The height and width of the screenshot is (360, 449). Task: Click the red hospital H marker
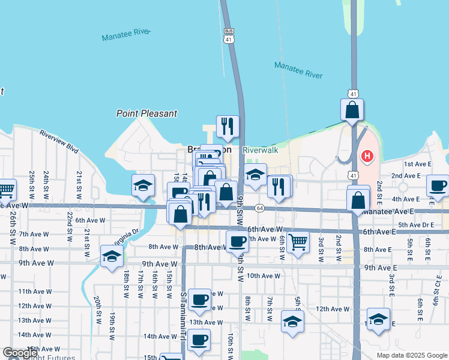[367, 157]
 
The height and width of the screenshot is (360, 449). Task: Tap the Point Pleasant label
[147, 113]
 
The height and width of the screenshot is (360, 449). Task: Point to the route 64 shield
[259, 208]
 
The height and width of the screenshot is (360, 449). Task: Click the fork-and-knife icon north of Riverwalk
[227, 126]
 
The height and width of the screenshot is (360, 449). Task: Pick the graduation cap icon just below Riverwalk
[255, 175]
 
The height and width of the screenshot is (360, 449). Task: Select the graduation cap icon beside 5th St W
[292, 322]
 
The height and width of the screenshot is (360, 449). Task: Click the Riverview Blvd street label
[59, 140]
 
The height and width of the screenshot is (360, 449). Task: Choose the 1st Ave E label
[418, 164]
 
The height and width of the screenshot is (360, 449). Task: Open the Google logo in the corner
[20, 353]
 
